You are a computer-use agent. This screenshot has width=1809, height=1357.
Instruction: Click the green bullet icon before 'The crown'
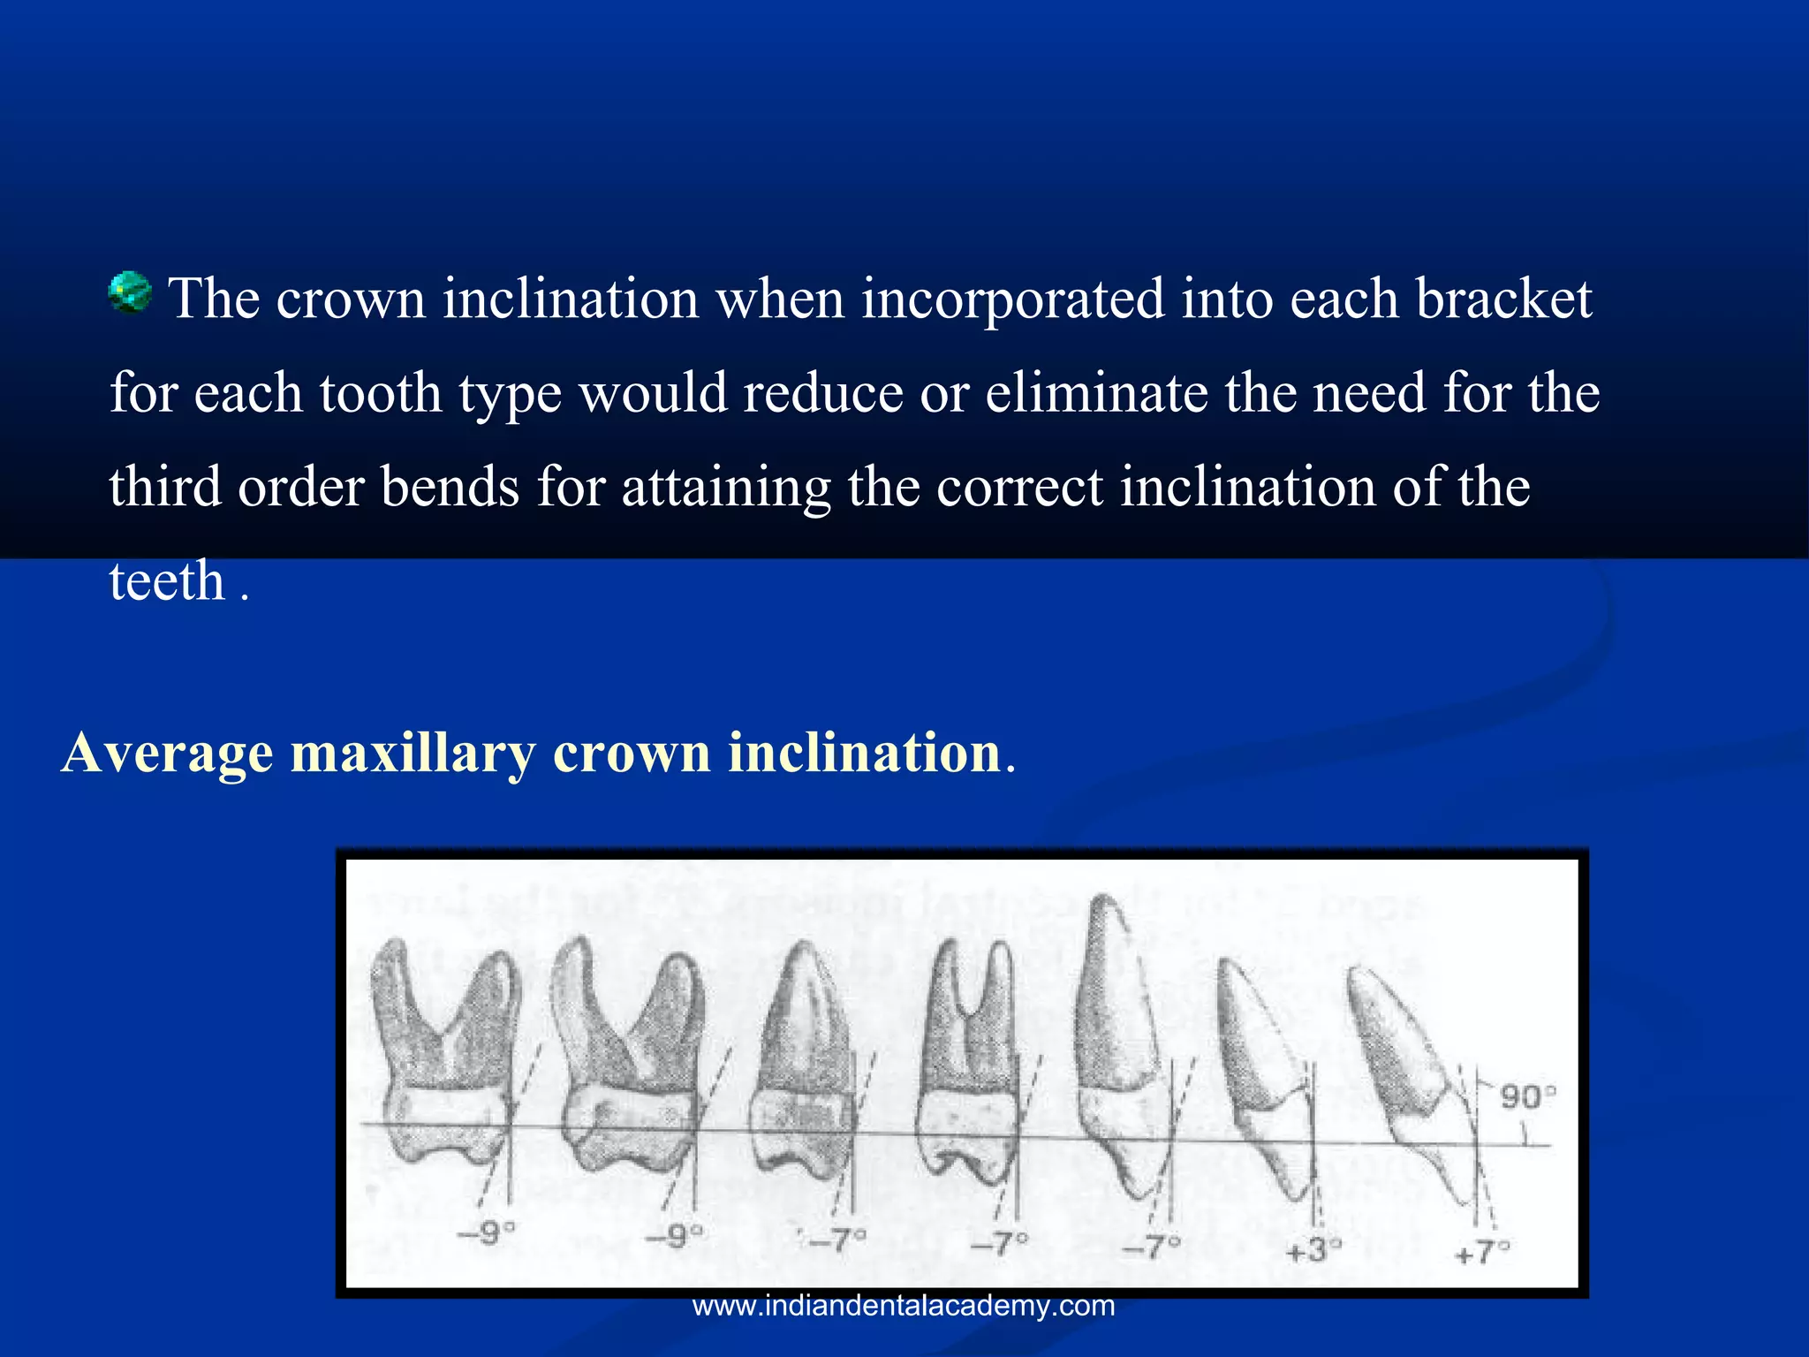pyautogui.click(x=130, y=292)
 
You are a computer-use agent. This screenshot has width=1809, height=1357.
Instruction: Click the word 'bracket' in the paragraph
pyautogui.click(x=1503, y=299)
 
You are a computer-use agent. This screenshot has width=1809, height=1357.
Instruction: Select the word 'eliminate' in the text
pyautogui.click(x=1096, y=393)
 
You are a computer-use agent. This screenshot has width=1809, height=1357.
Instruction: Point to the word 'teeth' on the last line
pyautogui.click(x=167, y=581)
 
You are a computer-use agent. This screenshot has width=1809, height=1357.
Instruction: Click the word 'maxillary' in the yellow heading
pyautogui.click(x=413, y=754)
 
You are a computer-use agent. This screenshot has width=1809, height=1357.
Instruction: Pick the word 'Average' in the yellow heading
pyautogui.click(x=168, y=754)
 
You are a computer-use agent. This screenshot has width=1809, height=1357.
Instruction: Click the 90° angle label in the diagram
pyautogui.click(x=1527, y=1097)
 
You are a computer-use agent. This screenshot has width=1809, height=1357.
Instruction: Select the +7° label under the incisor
pyautogui.click(x=1482, y=1252)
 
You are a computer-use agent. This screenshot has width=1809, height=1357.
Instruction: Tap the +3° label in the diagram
pyautogui.click(x=1313, y=1250)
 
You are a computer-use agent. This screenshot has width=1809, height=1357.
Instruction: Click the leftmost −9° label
pyautogui.click(x=486, y=1232)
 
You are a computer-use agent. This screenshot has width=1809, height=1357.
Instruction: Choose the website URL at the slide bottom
pyautogui.click(x=904, y=1306)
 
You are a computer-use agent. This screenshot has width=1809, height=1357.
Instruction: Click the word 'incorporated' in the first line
pyautogui.click(x=1012, y=299)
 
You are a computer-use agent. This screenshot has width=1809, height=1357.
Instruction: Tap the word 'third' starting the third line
pyautogui.click(x=165, y=488)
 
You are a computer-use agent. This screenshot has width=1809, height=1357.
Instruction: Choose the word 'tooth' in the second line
pyautogui.click(x=380, y=393)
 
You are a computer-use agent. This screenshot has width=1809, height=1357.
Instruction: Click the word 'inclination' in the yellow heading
pyautogui.click(x=864, y=754)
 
